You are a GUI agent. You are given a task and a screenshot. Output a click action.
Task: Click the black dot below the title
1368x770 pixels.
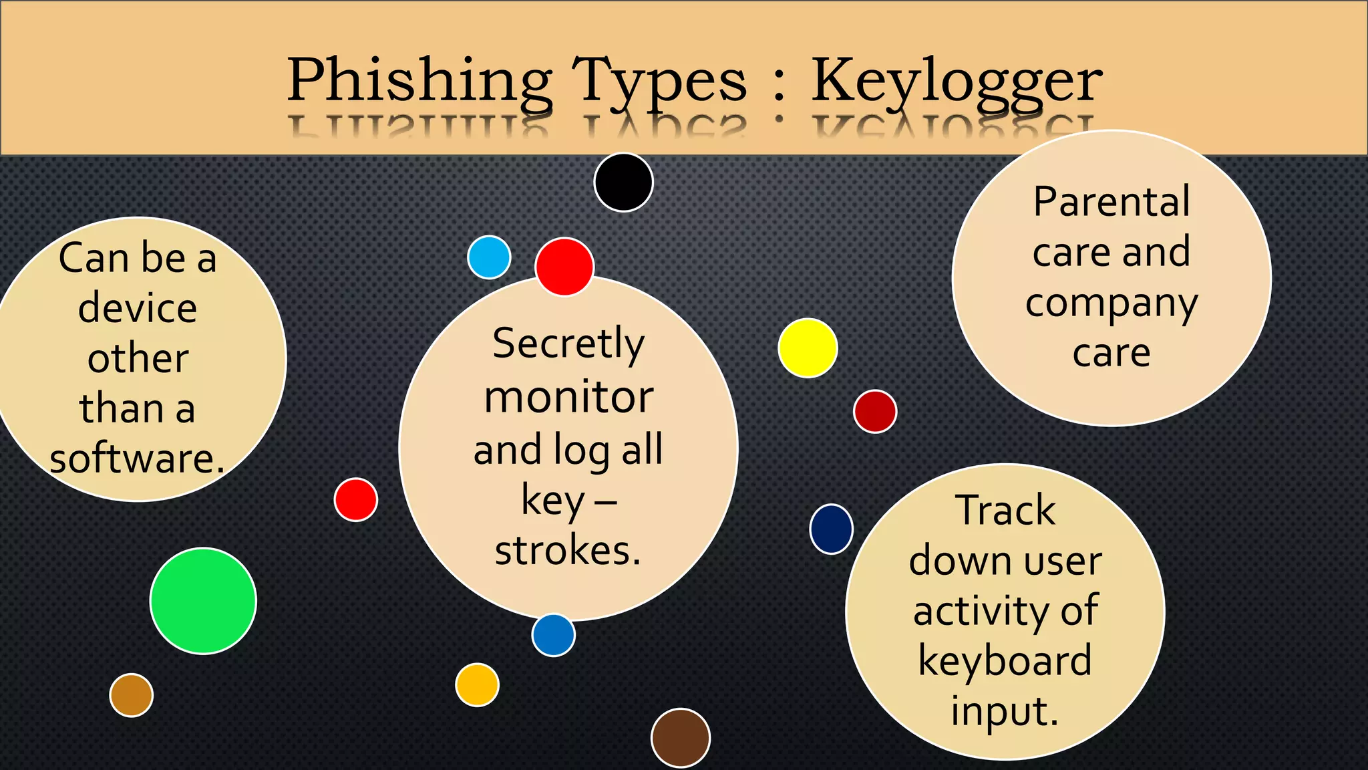pyautogui.click(x=623, y=182)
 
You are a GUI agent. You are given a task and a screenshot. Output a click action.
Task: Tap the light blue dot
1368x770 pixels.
pyautogui.click(x=489, y=257)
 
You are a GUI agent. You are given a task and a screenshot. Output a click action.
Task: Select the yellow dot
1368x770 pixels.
pyautogui.click(x=808, y=348)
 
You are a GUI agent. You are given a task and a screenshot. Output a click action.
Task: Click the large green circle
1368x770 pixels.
pyautogui.click(x=203, y=601)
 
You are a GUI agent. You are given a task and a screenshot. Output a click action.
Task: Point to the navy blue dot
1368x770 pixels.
pyautogui.click(x=831, y=529)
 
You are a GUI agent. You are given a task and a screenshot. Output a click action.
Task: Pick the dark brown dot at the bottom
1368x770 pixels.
pyautogui.click(x=680, y=738)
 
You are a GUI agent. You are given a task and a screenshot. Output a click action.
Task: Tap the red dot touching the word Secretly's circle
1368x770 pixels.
pyautogui.click(x=564, y=267)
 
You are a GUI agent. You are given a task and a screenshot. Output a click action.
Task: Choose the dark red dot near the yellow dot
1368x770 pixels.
pyautogui.click(x=875, y=411)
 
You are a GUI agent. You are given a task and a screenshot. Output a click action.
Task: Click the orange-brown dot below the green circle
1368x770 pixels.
pyautogui.click(x=132, y=695)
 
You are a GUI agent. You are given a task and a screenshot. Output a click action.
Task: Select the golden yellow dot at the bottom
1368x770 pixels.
pyautogui.click(x=477, y=684)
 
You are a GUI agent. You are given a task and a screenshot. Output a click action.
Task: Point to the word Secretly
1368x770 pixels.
pyautogui.click(x=568, y=344)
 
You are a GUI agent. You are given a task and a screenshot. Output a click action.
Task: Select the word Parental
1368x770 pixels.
pyautogui.click(x=1111, y=201)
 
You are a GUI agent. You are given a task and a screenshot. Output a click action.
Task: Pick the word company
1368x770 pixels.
pyautogui.click(x=1111, y=304)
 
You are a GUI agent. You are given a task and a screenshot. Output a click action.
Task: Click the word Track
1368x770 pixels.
pyautogui.click(x=1005, y=510)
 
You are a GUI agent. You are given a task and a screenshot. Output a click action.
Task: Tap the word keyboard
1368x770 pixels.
pyautogui.click(x=1005, y=660)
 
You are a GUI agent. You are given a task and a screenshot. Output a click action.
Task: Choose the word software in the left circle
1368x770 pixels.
pyautogui.click(x=136, y=459)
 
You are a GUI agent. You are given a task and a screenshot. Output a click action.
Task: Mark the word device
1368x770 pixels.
pyautogui.click(x=138, y=308)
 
